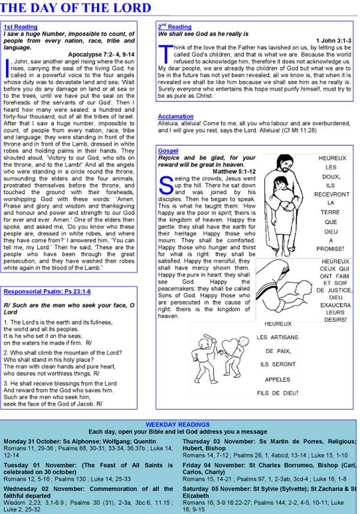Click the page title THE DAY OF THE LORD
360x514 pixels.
[76, 8]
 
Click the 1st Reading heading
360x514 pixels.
[20, 27]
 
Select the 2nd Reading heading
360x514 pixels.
[175, 27]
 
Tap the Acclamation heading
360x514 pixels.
[176, 116]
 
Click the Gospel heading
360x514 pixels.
[168, 151]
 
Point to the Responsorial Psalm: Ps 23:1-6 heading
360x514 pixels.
[47, 291]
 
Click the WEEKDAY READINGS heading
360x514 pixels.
[178, 425]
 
